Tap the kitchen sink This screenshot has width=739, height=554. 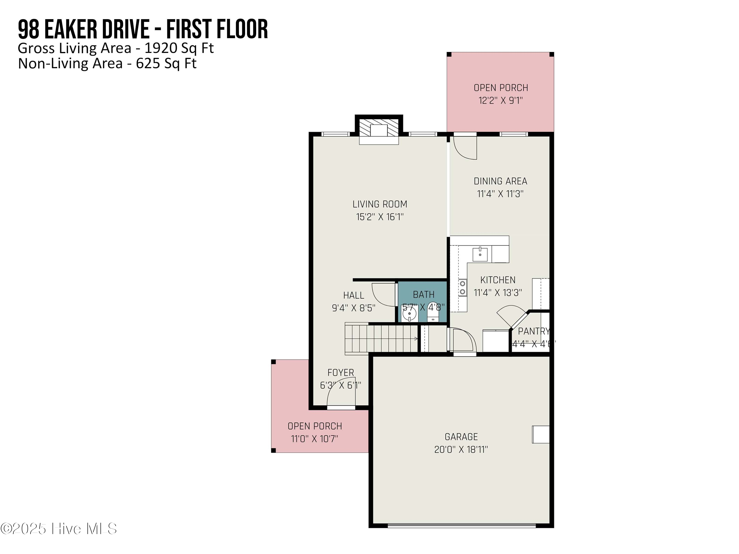[480, 254]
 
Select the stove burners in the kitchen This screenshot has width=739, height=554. [463, 288]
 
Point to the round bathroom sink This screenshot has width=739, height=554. [409, 314]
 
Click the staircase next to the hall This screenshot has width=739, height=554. [381, 339]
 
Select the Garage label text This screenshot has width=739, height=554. [461, 437]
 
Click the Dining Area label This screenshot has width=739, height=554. [500, 181]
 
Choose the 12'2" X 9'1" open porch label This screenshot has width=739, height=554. [501, 100]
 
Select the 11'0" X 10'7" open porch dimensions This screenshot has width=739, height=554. [314, 439]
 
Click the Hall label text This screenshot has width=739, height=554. [353, 295]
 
